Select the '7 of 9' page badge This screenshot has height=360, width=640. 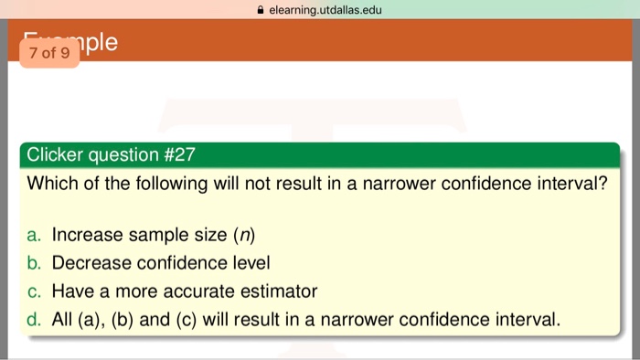click(48, 52)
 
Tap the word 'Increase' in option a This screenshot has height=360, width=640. click(87, 236)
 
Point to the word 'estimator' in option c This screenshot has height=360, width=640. click(277, 292)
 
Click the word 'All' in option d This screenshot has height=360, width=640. click(63, 321)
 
